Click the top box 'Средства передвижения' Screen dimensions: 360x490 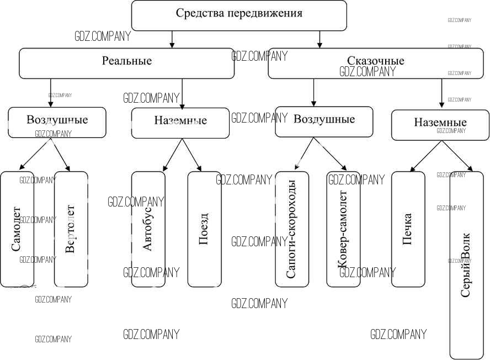pos(239,15)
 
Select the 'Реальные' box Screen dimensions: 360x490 pos(126,63)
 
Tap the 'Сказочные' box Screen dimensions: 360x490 pos(375,63)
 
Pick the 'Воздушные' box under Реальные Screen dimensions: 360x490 pos(57,122)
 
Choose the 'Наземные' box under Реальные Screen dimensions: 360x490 pos(180,123)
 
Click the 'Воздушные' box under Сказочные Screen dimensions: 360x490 pos(324,121)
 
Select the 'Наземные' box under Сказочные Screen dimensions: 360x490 pos(440,125)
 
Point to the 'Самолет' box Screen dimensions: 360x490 pos(17,229)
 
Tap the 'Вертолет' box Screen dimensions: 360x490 pos(71,229)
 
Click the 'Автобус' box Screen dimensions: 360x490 pos(148,229)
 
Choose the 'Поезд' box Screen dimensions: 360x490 pos(204,229)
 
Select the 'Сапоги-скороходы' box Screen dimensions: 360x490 pos(292,229)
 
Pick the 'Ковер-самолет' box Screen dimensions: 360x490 pos(343,229)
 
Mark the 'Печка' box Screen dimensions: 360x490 pos(408,229)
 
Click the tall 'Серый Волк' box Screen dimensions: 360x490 pos(466,265)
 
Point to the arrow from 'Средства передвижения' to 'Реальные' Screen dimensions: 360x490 pos(172,39)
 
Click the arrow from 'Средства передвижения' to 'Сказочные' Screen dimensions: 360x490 pos(319,39)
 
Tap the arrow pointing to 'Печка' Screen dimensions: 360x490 pos(425,155)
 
